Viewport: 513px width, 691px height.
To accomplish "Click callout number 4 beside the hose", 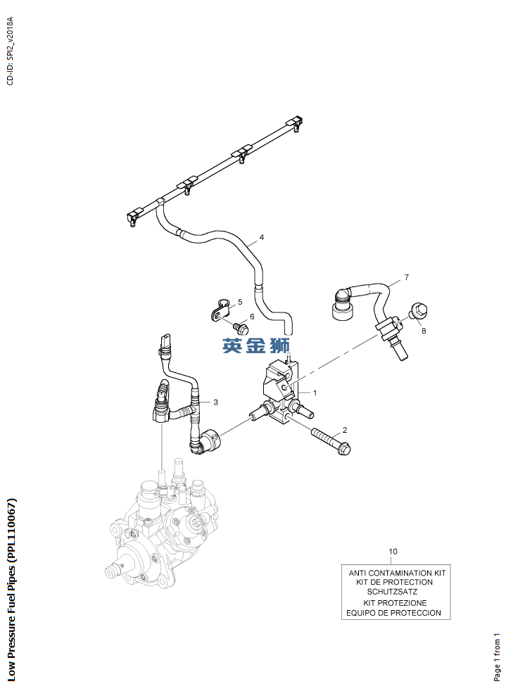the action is click(261, 238).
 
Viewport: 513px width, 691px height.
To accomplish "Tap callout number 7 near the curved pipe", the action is click(406, 277).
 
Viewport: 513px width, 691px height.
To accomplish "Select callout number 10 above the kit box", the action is click(393, 551).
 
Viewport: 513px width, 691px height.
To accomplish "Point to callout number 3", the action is click(215, 402).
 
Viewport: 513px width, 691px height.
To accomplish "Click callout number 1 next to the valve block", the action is click(315, 393).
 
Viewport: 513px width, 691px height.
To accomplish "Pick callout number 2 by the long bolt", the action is click(345, 430).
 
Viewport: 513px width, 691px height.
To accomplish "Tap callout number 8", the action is click(424, 331).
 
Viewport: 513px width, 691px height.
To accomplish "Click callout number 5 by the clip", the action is click(240, 302).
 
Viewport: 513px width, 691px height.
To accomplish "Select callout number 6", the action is click(252, 317).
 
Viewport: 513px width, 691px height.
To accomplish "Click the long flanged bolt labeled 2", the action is click(331, 442).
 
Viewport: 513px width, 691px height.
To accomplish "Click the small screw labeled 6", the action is click(241, 327).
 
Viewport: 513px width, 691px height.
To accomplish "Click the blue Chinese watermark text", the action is click(256, 345).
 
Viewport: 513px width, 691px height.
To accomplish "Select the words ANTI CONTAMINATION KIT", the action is click(397, 573).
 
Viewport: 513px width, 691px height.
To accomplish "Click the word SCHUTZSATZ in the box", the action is click(392, 591).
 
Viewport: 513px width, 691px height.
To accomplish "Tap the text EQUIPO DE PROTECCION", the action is click(393, 613).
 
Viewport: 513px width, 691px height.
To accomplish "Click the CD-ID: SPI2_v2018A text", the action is click(11, 51).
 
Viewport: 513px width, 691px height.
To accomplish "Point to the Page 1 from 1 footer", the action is click(497, 657).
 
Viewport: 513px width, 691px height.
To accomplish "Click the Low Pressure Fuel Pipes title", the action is click(11, 590).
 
